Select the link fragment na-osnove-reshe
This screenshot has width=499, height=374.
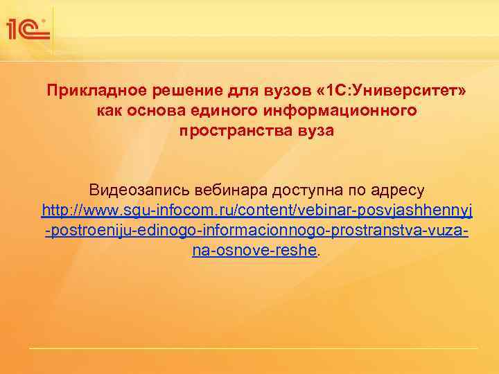(254, 249)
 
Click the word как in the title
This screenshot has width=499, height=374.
(109, 111)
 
